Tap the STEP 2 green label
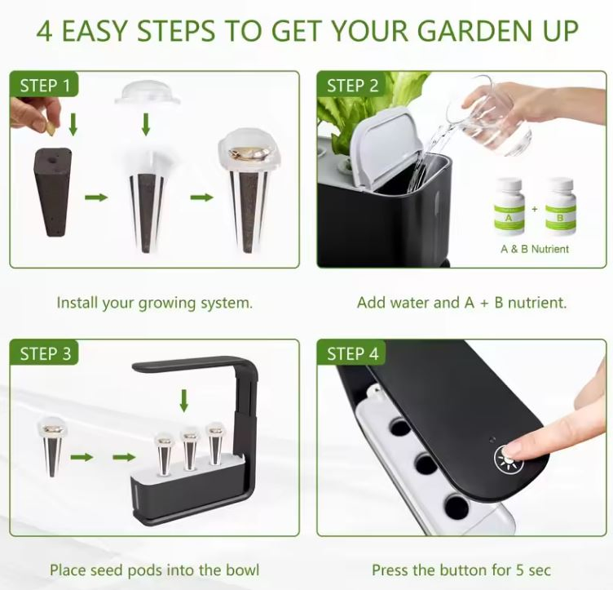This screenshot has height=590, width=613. (x=352, y=86)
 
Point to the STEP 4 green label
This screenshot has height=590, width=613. (x=352, y=353)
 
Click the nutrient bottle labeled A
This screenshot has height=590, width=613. (x=509, y=206)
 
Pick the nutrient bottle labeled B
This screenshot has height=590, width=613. (x=560, y=206)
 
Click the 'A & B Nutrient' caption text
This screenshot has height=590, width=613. (x=535, y=248)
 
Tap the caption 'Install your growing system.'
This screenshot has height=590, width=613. (x=154, y=303)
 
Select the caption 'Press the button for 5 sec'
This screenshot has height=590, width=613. (x=461, y=570)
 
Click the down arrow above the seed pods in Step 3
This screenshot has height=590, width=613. (x=184, y=401)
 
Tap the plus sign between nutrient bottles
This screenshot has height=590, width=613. (x=535, y=208)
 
